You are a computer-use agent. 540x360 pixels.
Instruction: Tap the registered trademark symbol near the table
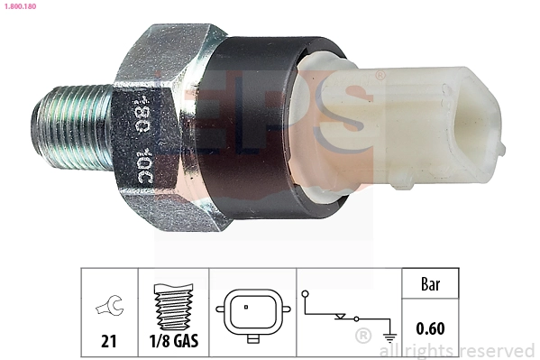coord(362,337)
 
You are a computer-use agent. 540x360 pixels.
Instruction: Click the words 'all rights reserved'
coord(460,350)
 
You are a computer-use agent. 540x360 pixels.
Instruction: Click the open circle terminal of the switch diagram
coord(307,293)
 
